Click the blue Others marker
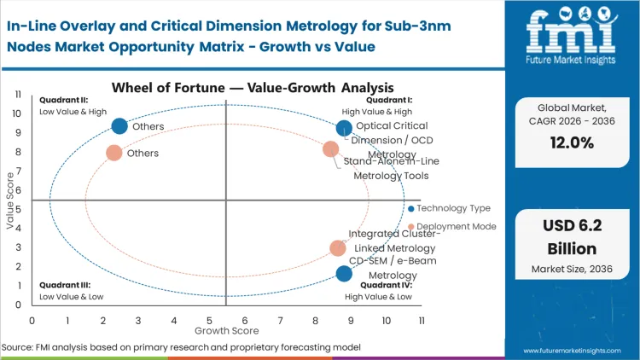tap(119, 126)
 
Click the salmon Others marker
tap(113, 153)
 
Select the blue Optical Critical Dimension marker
tap(344, 128)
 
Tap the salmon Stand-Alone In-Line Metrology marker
tap(331, 149)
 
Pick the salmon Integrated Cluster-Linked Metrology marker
tap(338, 248)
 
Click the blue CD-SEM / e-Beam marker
tap(344, 274)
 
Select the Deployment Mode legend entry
tap(452, 227)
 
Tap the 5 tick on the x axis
tap(209, 320)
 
